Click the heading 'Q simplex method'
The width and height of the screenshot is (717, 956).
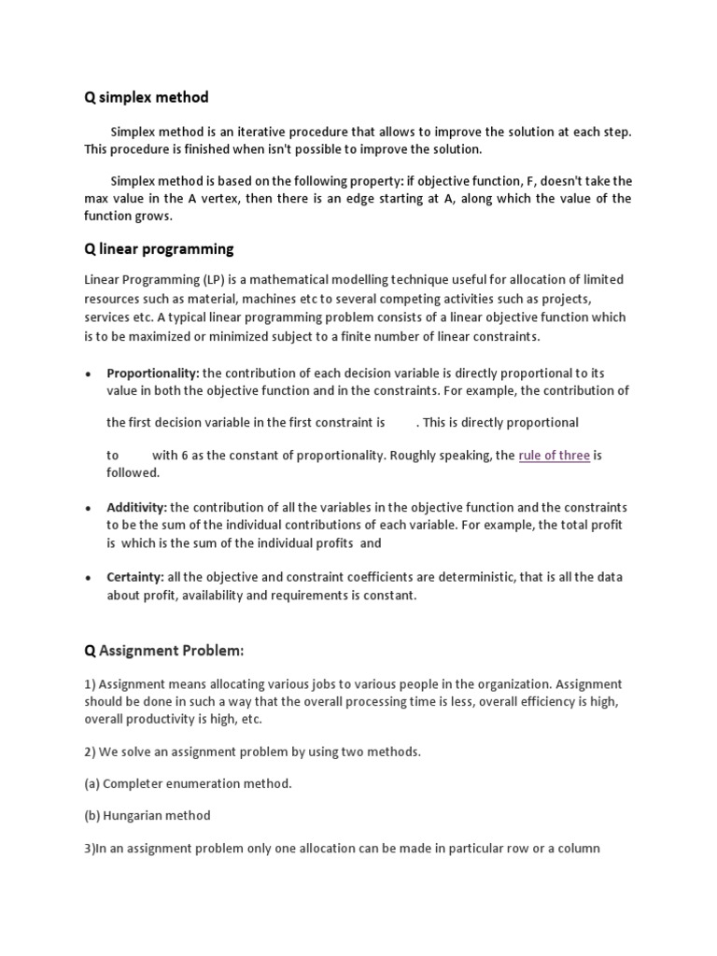pos(147,97)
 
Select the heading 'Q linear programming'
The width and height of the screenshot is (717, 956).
pos(159,248)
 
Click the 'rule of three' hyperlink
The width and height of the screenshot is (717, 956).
pos(555,456)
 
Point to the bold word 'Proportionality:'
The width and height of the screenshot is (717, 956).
pos(153,373)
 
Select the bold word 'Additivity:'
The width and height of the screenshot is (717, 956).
pos(136,508)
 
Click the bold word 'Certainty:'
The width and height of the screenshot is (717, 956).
pos(135,578)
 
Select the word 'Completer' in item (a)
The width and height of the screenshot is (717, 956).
pos(131,783)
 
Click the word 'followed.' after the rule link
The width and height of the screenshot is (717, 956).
pos(133,473)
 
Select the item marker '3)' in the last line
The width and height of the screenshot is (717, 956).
pos(91,848)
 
